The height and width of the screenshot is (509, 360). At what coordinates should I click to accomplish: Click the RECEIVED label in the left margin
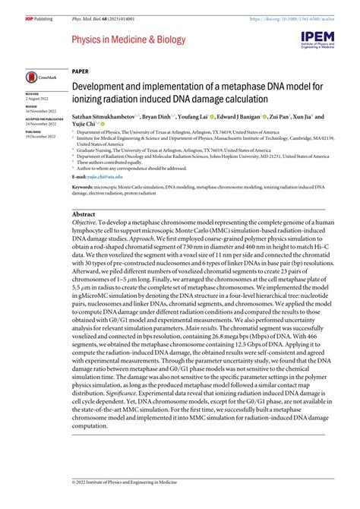point(32,93)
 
